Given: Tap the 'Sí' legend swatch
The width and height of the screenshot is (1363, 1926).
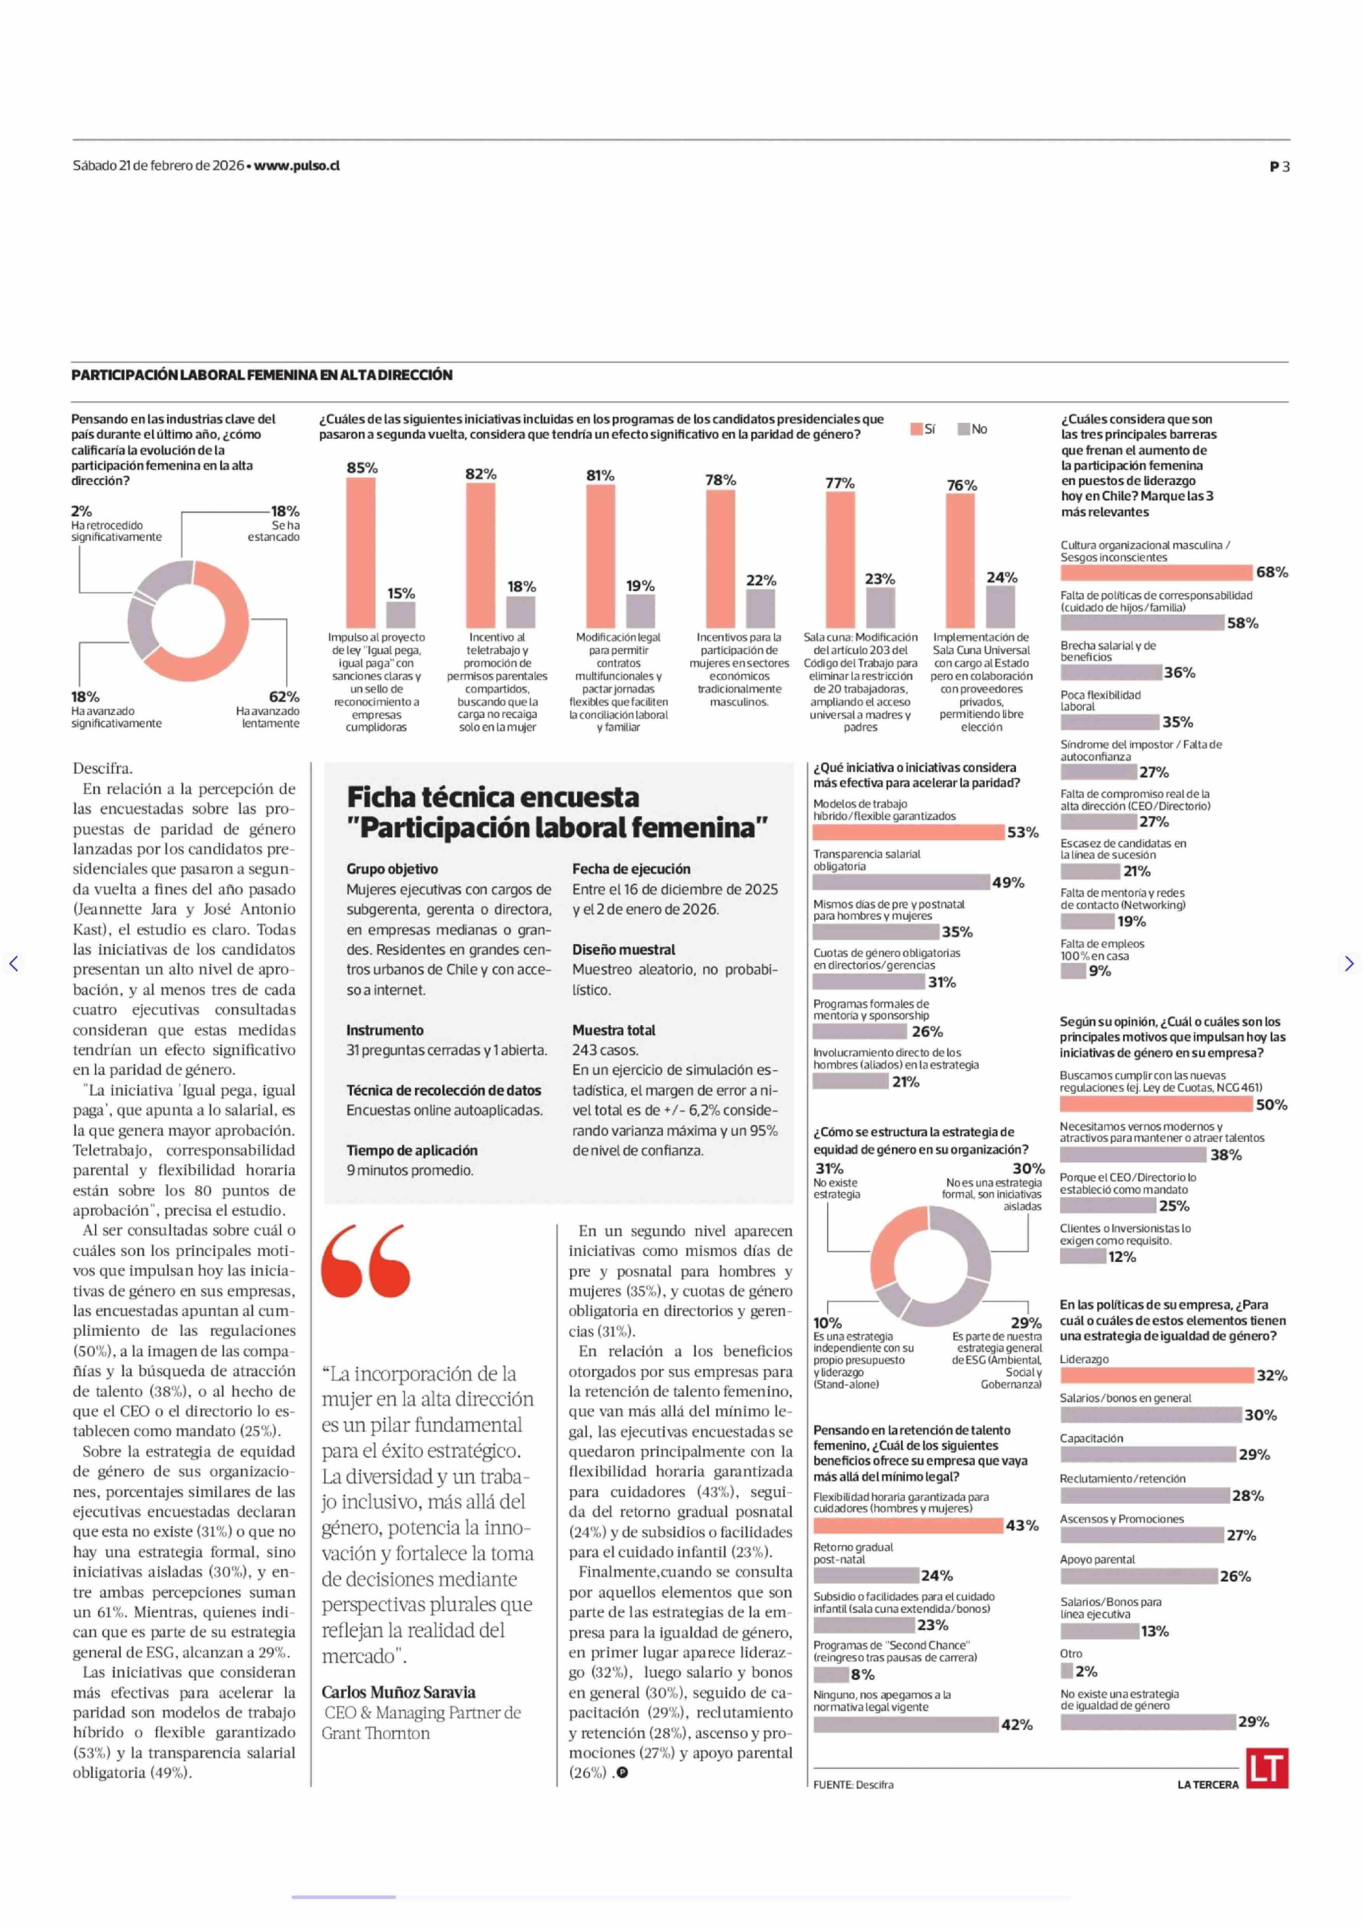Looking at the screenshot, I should pyautogui.click(x=917, y=429).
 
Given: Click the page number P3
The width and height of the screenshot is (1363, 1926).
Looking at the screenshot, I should pyautogui.click(x=1279, y=166).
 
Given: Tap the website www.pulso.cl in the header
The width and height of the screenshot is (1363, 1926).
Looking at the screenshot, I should pyautogui.click(x=297, y=165).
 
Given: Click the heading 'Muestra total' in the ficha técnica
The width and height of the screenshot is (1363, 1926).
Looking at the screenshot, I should pyautogui.click(x=614, y=1030).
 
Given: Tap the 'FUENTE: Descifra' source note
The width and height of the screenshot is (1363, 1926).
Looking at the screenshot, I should pyautogui.click(x=853, y=1784).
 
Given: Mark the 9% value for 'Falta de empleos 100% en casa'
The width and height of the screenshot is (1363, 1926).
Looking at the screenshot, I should pyautogui.click(x=1100, y=971).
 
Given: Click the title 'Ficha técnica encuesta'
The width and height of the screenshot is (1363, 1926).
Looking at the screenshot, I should pyautogui.click(x=493, y=796).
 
